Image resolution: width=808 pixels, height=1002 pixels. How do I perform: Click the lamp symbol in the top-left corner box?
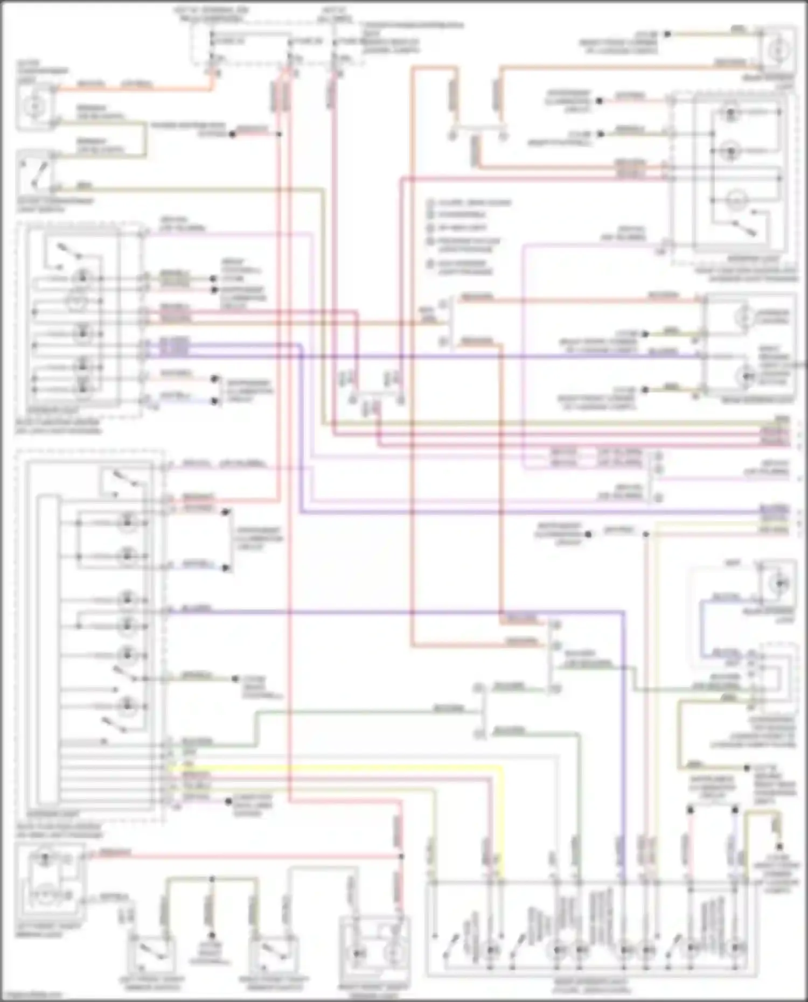[35, 107]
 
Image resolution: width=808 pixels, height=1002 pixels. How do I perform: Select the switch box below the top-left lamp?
[37, 171]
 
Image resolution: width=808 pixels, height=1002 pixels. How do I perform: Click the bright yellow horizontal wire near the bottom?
[334, 767]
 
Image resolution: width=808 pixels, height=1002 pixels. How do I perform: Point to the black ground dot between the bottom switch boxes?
[212, 936]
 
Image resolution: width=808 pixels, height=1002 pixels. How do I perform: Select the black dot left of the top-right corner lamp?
[667, 34]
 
